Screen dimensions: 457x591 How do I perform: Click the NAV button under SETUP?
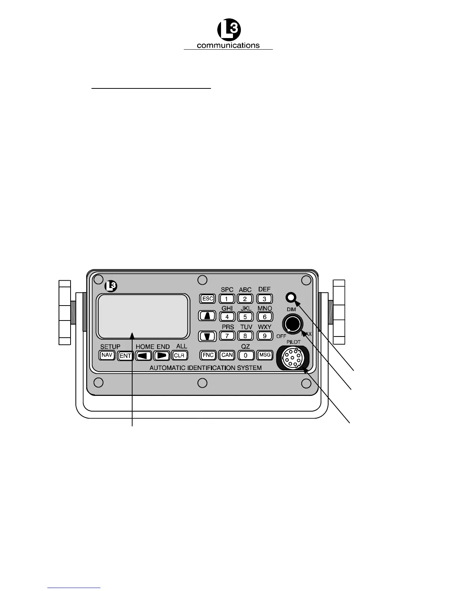[x=107, y=355]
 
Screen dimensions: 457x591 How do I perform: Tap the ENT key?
[x=125, y=356]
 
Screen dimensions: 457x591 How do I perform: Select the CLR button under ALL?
[x=180, y=356]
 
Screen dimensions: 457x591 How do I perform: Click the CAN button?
[x=227, y=355]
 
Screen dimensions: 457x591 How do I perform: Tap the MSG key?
[x=265, y=355]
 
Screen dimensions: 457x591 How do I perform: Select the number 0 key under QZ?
[x=246, y=356]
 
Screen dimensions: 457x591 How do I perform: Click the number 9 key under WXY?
[x=265, y=336]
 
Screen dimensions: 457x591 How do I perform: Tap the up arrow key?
[x=208, y=316]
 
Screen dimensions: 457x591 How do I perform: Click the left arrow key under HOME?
[x=143, y=356]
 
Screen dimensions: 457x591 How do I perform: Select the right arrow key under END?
[x=162, y=356]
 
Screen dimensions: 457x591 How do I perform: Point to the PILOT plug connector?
[x=293, y=357]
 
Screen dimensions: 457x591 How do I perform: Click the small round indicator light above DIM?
[x=291, y=297]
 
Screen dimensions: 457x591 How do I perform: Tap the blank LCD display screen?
[x=142, y=316]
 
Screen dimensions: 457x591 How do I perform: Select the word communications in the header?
[x=228, y=46]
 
